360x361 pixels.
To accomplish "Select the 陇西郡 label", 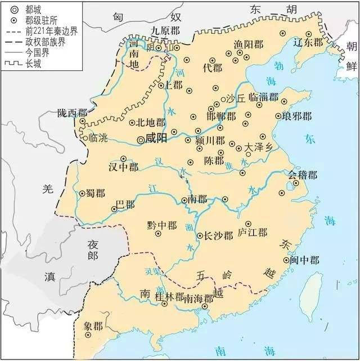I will point(72,113).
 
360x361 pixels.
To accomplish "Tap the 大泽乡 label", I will point(259,148).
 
